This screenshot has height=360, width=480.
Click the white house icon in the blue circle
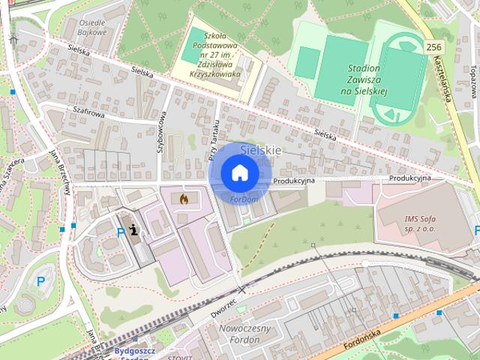239,172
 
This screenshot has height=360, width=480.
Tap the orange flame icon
184,199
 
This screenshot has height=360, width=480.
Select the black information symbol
134,231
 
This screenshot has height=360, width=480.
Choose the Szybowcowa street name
160,132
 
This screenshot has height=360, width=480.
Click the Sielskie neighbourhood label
263,150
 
